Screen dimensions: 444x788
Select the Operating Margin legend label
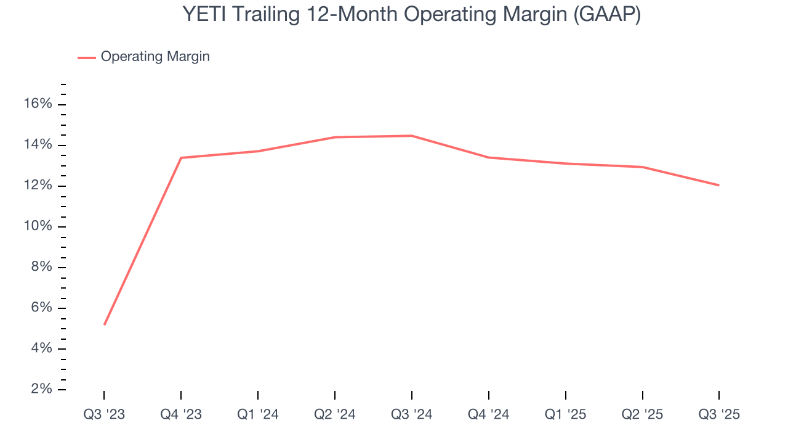(155, 57)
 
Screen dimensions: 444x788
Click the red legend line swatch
(87, 57)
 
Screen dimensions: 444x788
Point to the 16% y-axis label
(38, 104)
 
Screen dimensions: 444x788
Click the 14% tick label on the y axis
(38, 145)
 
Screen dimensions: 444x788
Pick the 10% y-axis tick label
(38, 226)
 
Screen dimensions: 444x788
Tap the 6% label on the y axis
(41, 308)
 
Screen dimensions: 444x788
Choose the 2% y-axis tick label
(41, 389)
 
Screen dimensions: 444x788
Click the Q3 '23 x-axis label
(104, 414)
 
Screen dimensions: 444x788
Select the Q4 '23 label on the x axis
(181, 414)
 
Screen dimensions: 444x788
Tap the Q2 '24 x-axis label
(335, 414)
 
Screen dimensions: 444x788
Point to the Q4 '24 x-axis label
(489, 414)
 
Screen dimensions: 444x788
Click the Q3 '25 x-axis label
(719, 414)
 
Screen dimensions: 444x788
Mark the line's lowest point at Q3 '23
(105, 324)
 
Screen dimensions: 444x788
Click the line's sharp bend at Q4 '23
(181, 158)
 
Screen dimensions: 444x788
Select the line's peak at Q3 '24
(411, 136)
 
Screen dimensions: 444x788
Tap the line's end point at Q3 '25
(718, 185)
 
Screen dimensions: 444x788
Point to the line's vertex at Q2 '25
(642, 167)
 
